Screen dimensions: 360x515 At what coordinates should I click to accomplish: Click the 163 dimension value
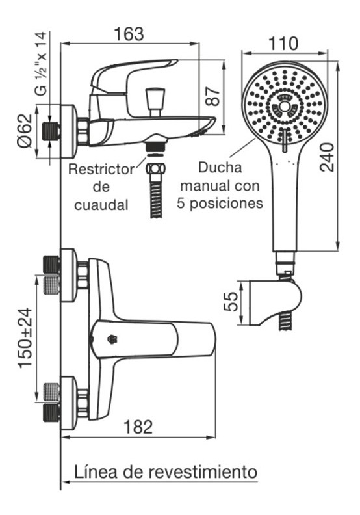pyautogui.click(x=129, y=34)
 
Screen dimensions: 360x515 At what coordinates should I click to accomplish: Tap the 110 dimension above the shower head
pyautogui.click(x=283, y=44)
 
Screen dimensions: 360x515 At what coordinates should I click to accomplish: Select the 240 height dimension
pyautogui.click(x=327, y=157)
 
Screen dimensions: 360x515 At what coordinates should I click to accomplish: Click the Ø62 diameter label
pyautogui.click(x=25, y=131)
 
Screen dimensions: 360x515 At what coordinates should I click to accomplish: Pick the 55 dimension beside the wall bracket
pyautogui.click(x=231, y=302)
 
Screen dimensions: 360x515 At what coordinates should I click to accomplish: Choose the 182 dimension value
pyautogui.click(x=138, y=427)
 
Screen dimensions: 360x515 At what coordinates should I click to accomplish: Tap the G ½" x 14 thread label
pyautogui.click(x=42, y=63)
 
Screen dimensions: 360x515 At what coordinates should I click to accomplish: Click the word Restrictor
pyautogui.click(x=101, y=170)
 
